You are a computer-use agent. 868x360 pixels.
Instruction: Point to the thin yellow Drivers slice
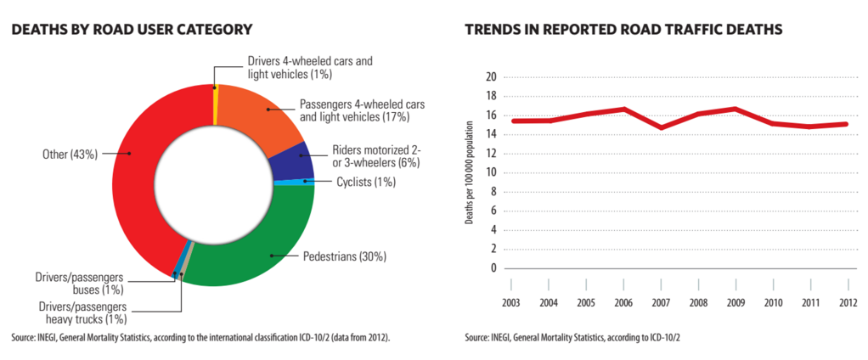coord(216,103)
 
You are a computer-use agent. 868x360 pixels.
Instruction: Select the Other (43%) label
coord(70,154)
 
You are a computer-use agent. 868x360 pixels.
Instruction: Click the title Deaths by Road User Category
coord(132,30)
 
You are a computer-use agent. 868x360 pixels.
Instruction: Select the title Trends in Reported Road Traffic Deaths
coord(623,30)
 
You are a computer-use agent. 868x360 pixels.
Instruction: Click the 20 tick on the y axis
coord(490,77)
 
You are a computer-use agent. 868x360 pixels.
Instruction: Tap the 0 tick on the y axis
coord(493,268)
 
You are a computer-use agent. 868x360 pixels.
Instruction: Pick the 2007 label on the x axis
coord(661,302)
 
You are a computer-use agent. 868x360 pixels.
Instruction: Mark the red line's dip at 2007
coord(661,127)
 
